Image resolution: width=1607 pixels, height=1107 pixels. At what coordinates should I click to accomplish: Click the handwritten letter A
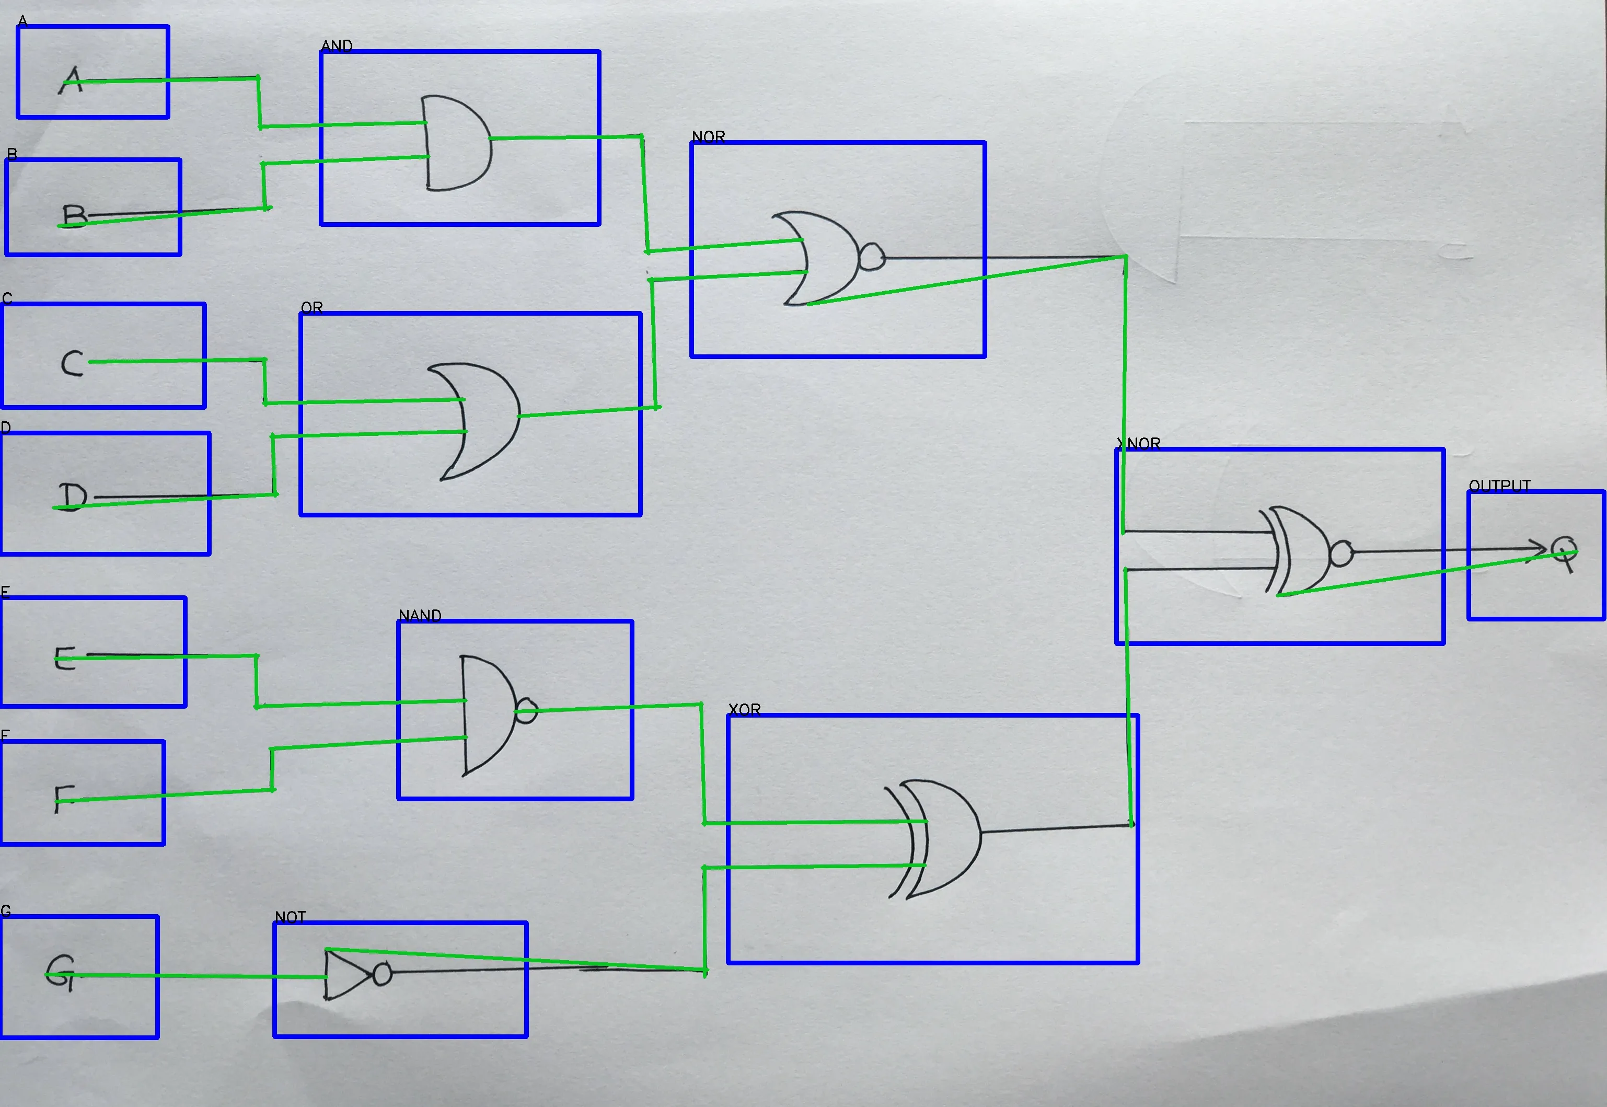(x=72, y=80)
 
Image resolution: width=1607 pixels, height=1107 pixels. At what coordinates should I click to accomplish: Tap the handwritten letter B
(x=74, y=216)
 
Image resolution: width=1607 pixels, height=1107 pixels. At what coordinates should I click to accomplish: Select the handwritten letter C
(x=72, y=363)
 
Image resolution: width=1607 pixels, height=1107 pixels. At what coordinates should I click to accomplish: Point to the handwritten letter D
(x=72, y=496)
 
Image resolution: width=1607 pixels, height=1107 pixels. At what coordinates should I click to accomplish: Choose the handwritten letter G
(x=60, y=973)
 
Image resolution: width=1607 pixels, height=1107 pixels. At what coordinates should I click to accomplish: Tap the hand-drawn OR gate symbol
(x=479, y=420)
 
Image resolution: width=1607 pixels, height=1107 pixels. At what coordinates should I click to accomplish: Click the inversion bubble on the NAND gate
(x=526, y=710)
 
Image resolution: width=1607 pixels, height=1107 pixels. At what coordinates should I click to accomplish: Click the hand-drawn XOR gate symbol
(x=937, y=839)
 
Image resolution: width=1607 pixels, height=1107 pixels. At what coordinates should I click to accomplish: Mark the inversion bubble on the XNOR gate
(x=1340, y=553)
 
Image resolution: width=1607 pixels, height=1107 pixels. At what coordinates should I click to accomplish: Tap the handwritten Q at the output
(x=1564, y=553)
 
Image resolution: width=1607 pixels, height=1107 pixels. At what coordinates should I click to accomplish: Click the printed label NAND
(x=420, y=615)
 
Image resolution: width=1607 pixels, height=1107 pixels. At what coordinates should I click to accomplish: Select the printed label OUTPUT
(x=1499, y=486)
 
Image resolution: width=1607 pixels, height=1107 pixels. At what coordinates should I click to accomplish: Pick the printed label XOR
(x=744, y=709)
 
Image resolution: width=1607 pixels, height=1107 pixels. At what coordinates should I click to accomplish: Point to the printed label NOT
(x=290, y=917)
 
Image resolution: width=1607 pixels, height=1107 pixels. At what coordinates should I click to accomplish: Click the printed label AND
(x=337, y=46)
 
